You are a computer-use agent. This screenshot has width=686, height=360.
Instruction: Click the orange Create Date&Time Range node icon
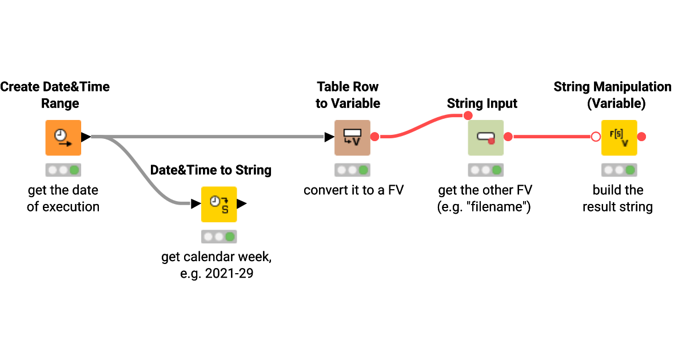pos(63,137)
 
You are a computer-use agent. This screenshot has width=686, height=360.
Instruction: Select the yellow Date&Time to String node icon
pos(218,204)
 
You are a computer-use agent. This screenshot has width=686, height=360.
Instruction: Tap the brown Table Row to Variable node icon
pos(352,137)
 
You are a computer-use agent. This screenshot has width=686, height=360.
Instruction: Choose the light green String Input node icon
pos(485,137)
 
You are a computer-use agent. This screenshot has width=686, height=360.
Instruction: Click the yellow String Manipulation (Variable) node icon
pos(619,137)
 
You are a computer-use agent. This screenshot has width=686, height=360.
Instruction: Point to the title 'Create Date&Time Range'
pos(55,95)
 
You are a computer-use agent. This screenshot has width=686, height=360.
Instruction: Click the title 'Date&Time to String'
pos(210,170)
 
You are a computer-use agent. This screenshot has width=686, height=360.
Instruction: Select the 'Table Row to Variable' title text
pos(348,95)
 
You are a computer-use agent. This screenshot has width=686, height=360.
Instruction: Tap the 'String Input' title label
pos(482,103)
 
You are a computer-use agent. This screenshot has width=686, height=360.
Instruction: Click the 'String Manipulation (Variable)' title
pos(612,95)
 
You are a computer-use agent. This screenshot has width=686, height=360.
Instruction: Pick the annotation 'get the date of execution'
pos(63,198)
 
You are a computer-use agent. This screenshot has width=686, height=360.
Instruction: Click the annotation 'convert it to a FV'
pos(353,190)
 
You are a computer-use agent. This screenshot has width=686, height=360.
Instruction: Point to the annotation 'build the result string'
pos(617,198)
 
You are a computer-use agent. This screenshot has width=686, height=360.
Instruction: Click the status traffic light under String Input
pos(485,170)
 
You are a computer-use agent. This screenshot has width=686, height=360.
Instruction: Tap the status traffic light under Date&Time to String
pos(218,237)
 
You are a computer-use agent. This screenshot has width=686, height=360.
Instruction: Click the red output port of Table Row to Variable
pos(375,137)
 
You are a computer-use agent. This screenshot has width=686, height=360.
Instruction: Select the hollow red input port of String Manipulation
pos(595,137)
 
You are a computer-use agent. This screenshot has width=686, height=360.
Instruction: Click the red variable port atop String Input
pos(468,116)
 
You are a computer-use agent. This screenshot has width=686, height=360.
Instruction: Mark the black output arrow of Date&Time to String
pos(241,203)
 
